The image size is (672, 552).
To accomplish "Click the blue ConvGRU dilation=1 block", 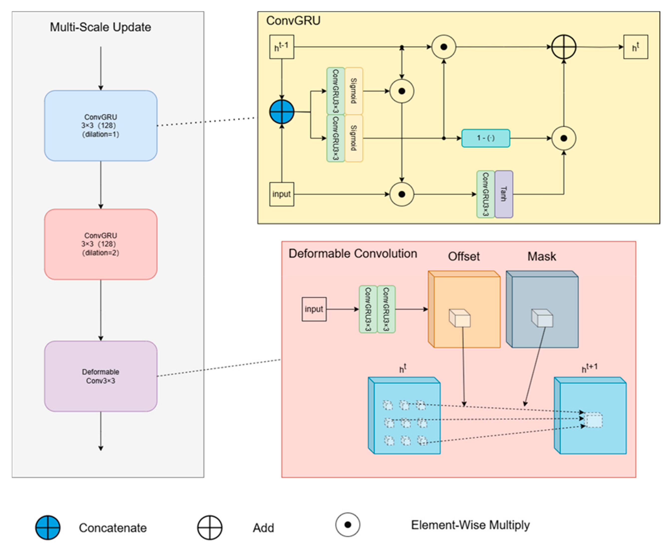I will pyautogui.click(x=101, y=126).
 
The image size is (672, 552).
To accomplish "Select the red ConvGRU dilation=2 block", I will pyautogui.click(x=101, y=244).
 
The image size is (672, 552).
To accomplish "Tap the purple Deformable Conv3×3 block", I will pyautogui.click(x=101, y=376).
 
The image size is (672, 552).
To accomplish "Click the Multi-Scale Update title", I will pyautogui.click(x=100, y=27).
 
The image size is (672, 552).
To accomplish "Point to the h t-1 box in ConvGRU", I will pyautogui.click(x=281, y=47).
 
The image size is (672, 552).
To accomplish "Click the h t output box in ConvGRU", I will pyautogui.click(x=635, y=47).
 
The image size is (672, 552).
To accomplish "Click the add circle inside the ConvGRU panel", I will pyautogui.click(x=563, y=47).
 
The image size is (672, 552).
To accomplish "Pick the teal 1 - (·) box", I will pyautogui.click(x=486, y=138).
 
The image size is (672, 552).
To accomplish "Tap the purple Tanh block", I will pyautogui.click(x=504, y=194).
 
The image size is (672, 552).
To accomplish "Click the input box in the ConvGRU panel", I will pyautogui.click(x=281, y=194).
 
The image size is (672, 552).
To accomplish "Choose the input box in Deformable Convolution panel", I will pyautogui.click(x=314, y=309).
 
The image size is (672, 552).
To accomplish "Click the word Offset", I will pyautogui.click(x=464, y=256).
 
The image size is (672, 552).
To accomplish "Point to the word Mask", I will pyautogui.click(x=541, y=256).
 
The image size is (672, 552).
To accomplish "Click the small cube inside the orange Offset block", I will pyautogui.click(x=460, y=318).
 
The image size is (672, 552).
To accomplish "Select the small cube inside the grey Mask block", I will pyautogui.click(x=542, y=318).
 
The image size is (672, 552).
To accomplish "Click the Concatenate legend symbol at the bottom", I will pyautogui.click(x=48, y=528).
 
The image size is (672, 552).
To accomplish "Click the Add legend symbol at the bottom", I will pyautogui.click(x=209, y=528).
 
